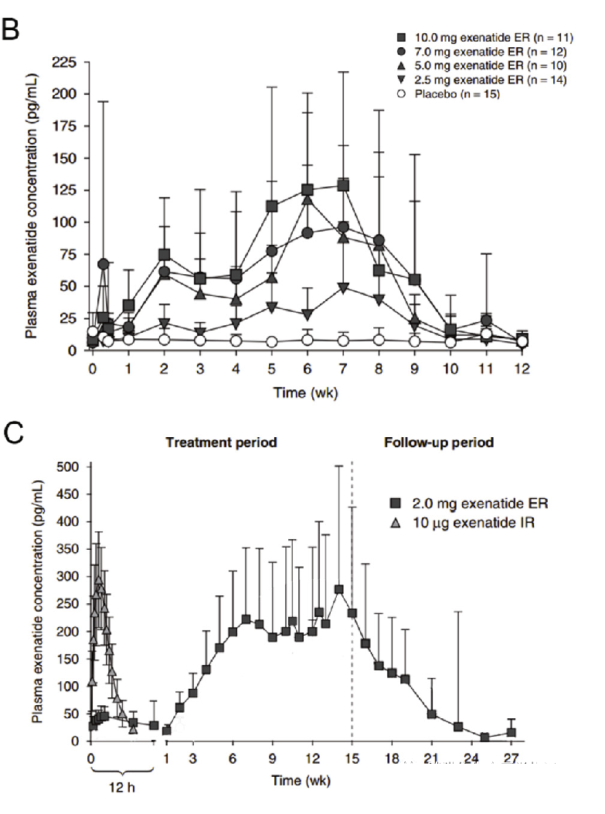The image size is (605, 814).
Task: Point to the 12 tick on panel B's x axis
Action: point(522,369)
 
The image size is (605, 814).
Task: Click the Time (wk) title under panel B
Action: point(306,392)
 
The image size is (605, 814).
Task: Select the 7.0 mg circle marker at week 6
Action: point(307,232)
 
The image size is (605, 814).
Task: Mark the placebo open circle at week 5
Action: point(271,342)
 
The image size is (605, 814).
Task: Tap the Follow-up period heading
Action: point(439,443)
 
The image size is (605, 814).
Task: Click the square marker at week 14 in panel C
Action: point(338,590)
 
